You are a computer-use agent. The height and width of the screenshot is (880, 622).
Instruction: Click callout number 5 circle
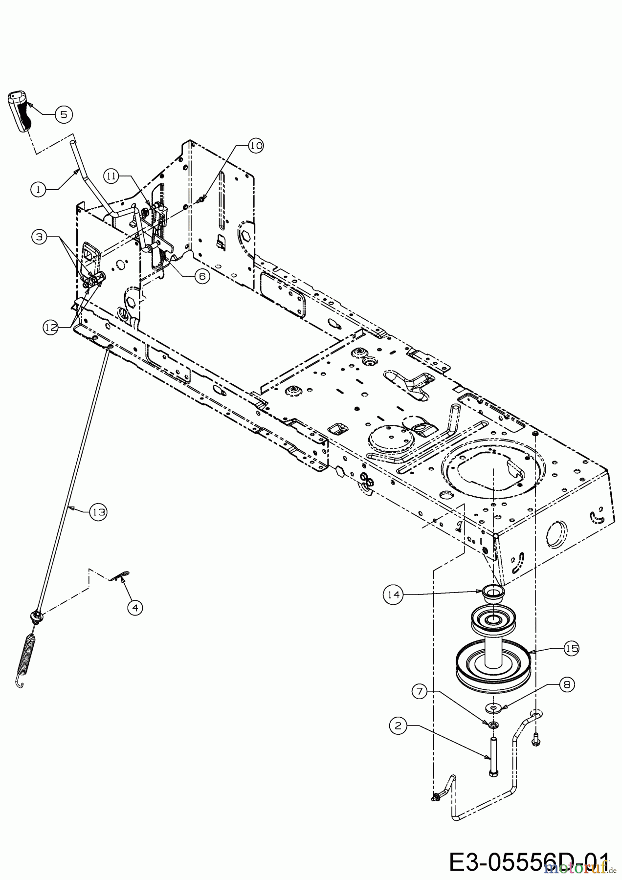click(x=64, y=114)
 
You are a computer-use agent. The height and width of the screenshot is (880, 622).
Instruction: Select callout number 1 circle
click(x=39, y=189)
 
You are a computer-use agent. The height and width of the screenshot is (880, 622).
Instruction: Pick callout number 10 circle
click(x=255, y=145)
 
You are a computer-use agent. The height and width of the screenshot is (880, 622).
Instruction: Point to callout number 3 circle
click(x=39, y=237)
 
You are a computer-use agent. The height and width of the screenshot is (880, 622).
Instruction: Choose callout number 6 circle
click(x=201, y=276)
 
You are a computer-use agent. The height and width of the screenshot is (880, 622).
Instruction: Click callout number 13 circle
click(x=99, y=512)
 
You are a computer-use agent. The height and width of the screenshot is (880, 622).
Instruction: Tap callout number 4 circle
click(x=135, y=608)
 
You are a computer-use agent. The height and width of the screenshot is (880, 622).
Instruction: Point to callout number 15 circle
click(x=571, y=649)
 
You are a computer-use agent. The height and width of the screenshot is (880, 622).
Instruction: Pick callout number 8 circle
click(x=567, y=685)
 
